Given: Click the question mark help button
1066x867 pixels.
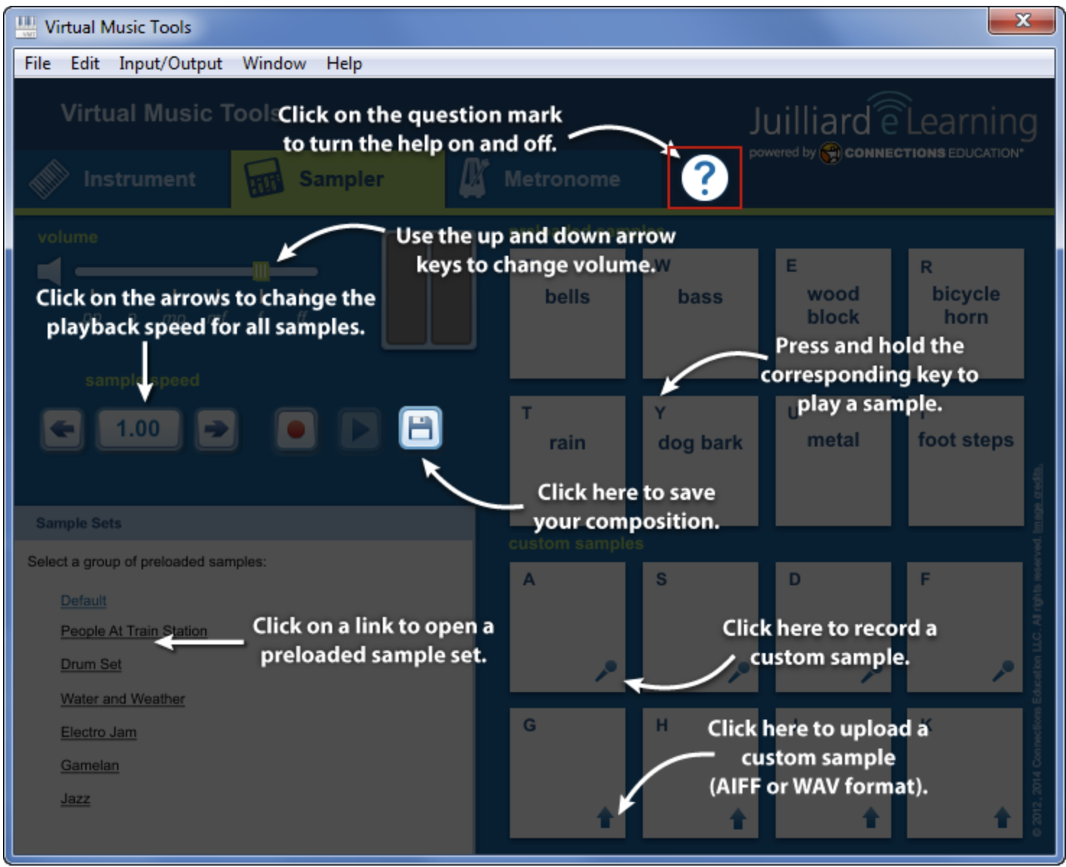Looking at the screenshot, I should pyautogui.click(x=704, y=178).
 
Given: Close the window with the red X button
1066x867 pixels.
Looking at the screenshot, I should pyautogui.click(x=1022, y=21).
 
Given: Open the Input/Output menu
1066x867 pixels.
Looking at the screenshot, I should pyautogui.click(x=170, y=64).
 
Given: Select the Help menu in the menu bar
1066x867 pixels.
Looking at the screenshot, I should pyautogui.click(x=344, y=64).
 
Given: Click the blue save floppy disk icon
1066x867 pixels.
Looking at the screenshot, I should pyautogui.click(x=420, y=428).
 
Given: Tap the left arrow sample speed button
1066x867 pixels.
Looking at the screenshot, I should pyautogui.click(x=63, y=429).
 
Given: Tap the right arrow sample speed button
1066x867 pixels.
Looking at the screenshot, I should pyautogui.click(x=215, y=429).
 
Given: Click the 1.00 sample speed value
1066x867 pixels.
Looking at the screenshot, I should pyautogui.click(x=139, y=429).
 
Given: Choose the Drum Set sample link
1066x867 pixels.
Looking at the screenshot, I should pyautogui.click(x=91, y=664).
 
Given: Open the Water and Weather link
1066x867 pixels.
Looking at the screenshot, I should pyautogui.click(x=123, y=699).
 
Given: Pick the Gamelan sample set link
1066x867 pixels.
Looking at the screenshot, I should pyautogui.click(x=90, y=765).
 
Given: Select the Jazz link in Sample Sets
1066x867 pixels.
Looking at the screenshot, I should pyautogui.click(x=75, y=798).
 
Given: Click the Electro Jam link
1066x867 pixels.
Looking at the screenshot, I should pyautogui.click(x=98, y=732).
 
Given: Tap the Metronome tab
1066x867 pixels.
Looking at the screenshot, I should pyautogui.click(x=560, y=179).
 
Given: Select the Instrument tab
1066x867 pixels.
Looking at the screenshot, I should pyautogui.click(x=139, y=179).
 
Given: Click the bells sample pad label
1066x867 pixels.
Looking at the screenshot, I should pyautogui.click(x=567, y=297).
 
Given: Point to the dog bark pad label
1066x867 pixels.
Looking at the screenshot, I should pyautogui.click(x=700, y=442).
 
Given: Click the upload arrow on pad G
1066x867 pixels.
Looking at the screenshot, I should pyautogui.click(x=605, y=818).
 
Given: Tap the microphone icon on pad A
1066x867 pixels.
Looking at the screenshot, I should pyautogui.click(x=605, y=670).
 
